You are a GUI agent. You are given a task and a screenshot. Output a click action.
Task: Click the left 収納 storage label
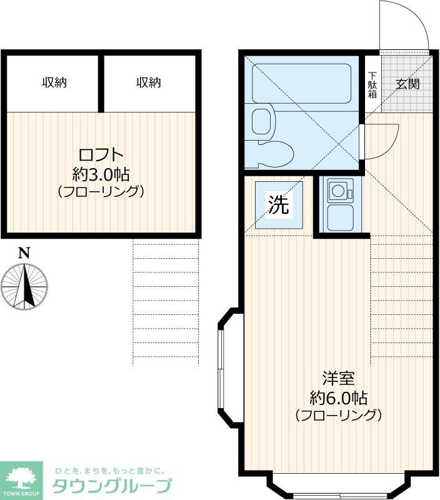tap(54, 82)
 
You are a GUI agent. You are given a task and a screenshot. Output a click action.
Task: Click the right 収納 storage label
tap(149, 82)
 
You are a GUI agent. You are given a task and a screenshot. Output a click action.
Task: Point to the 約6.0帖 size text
tap(338, 397)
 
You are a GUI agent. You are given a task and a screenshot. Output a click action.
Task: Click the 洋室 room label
tap(338, 378)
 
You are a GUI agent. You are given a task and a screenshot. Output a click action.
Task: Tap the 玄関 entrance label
tap(407, 84)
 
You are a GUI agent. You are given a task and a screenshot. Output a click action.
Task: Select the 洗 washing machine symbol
tap(279, 205)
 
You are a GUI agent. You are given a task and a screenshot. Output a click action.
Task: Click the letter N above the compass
tap(24, 253)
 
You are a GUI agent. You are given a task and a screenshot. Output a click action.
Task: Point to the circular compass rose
tap(24, 286)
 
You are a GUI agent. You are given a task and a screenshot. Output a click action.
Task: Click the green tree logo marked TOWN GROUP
tap(21, 479)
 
